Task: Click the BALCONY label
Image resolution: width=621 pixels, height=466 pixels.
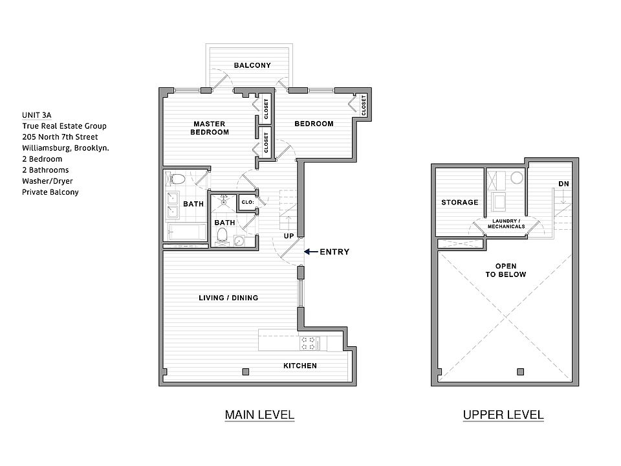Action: pos(252,65)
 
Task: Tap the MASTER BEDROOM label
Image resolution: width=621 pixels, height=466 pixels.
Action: pos(210,128)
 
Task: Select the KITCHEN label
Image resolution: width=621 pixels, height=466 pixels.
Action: pos(300,366)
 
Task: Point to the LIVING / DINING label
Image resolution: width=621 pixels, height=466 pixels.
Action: pos(228,298)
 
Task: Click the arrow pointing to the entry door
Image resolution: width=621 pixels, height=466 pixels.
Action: pos(311,252)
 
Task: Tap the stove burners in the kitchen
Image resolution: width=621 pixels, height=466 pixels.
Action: pos(308,343)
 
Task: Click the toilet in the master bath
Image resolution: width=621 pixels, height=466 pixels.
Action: pos(175,179)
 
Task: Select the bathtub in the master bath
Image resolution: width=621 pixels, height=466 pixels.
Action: pos(186,232)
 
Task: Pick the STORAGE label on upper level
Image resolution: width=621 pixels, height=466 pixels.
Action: pos(460,203)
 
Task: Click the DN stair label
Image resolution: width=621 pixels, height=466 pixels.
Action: pos(563,184)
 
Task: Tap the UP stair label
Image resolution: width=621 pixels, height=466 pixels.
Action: pos(289,236)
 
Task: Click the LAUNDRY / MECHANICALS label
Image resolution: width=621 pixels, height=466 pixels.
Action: pos(506,224)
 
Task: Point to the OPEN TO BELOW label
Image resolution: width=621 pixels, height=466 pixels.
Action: pos(506,271)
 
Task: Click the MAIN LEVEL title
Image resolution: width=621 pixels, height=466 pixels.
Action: pos(259,415)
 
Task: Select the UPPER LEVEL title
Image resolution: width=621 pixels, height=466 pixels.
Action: pos(503,415)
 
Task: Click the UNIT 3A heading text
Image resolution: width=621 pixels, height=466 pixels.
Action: pos(36,115)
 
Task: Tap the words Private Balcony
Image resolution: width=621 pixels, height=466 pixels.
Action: pos(50,192)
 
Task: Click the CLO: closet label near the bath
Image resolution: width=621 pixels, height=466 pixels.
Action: pos(248,202)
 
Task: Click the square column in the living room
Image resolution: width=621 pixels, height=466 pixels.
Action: pos(246,372)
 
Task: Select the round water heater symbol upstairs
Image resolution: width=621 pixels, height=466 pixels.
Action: pos(517,177)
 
